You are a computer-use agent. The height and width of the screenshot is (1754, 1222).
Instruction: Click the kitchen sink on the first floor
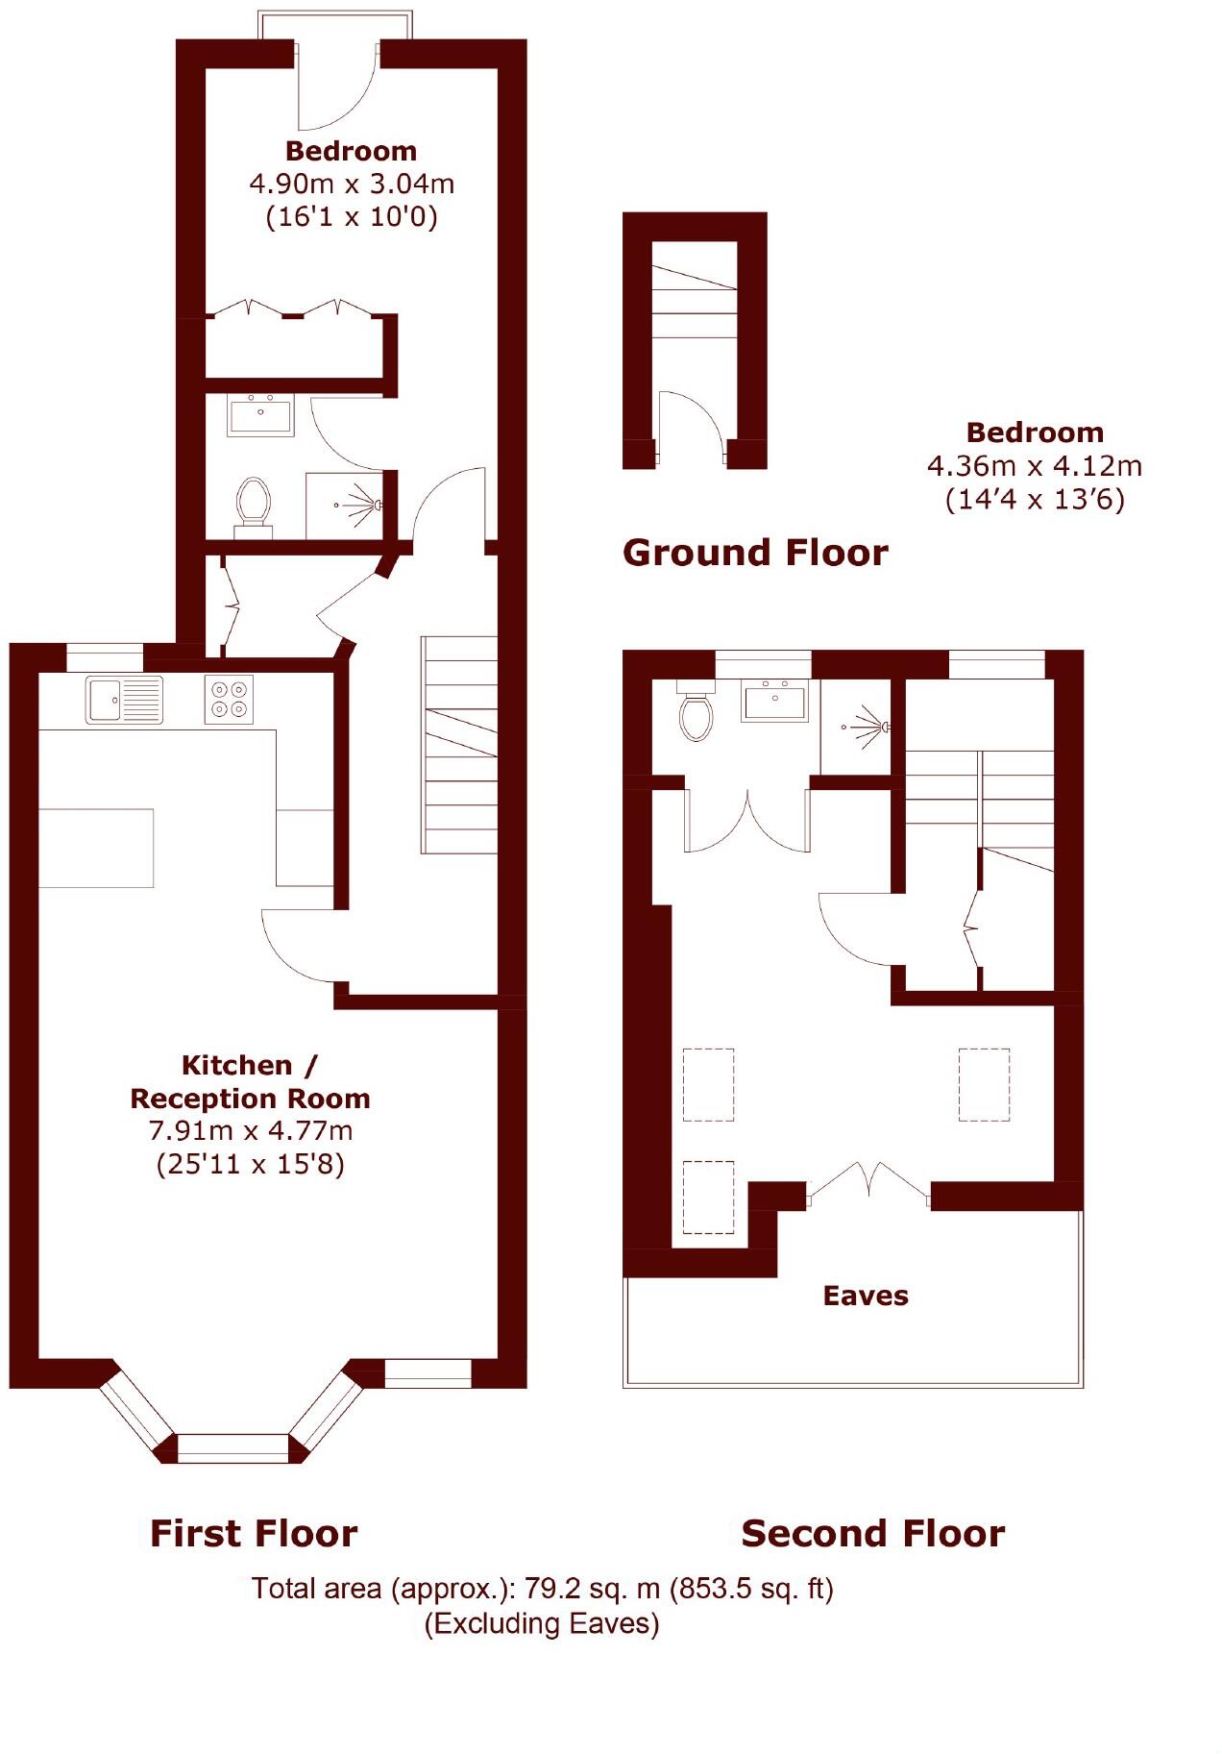pyautogui.click(x=124, y=699)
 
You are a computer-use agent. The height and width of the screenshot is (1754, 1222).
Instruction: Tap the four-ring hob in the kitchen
pyautogui.click(x=229, y=699)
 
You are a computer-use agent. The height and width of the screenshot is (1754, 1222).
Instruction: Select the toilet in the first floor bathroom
pyautogui.click(x=254, y=503)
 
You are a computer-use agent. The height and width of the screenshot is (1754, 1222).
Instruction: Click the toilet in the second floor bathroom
pyautogui.click(x=696, y=715)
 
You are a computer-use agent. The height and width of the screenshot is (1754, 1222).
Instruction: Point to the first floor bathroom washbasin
pyautogui.click(x=260, y=415)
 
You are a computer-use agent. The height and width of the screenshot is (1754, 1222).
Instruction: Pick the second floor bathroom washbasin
pyautogui.click(x=774, y=701)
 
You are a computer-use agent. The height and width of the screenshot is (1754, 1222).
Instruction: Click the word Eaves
pyautogui.click(x=866, y=1296)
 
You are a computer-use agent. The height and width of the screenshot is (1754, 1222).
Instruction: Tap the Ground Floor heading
pyautogui.click(x=755, y=553)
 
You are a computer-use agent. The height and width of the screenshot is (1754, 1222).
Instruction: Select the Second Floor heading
pyautogui.click(x=872, y=1533)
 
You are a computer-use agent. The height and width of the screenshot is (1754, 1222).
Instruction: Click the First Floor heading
pyautogui.click(x=254, y=1533)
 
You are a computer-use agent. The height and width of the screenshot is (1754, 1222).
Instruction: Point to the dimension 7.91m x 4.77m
pyautogui.click(x=251, y=1130)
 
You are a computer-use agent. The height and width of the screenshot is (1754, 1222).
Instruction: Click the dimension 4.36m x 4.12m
pyautogui.click(x=1035, y=466)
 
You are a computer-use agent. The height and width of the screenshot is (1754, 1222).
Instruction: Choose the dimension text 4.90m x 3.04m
pyautogui.click(x=352, y=183)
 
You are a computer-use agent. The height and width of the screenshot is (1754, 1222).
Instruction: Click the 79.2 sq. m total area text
pyautogui.click(x=542, y=1589)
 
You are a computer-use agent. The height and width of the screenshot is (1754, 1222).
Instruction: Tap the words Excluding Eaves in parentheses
pyautogui.click(x=542, y=1623)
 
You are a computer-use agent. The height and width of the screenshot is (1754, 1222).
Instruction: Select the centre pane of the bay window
pyautogui.click(x=233, y=1447)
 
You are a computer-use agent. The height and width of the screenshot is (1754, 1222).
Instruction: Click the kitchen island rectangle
pyautogui.click(x=96, y=848)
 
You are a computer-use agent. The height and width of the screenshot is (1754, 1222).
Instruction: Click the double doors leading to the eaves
pyautogui.click(x=868, y=1183)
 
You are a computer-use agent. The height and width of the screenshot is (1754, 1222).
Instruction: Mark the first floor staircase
pyautogui.click(x=459, y=745)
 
